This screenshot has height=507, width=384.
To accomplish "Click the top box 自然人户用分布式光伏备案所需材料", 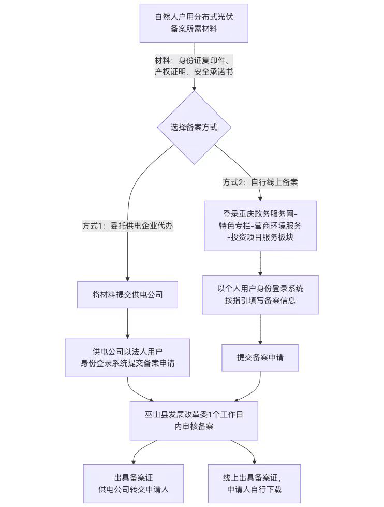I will coord(194,23).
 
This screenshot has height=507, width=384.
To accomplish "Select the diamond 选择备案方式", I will coord(194,127).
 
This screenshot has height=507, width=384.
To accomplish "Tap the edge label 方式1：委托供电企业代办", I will coord(127,226).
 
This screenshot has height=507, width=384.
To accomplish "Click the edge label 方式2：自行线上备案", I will coord(260,182).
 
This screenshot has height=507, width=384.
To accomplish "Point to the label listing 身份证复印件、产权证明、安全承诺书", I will coord(194,66).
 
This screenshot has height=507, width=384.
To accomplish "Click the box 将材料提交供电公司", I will coord(127,295).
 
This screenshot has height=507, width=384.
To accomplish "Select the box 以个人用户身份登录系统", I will coord(260,294).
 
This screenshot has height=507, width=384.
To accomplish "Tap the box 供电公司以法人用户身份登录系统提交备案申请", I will coord(127,358).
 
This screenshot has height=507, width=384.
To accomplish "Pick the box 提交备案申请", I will coord(260,358).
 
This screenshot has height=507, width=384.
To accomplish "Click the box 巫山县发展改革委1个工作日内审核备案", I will coord(194,420).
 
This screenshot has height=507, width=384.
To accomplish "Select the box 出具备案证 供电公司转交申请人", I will coord(134,484).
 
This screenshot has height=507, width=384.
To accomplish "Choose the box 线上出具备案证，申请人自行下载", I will coord(254,484).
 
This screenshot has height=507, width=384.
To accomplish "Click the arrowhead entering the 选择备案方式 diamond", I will coord(194,89).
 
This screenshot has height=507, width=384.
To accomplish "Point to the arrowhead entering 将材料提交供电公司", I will coord(127,278).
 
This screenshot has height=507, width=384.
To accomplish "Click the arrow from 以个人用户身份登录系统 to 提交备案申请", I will coord(260,329).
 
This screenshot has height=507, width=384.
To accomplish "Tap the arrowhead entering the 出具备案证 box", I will coord(134,461).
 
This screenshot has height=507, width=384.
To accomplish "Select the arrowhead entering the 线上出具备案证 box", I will coord(254,461).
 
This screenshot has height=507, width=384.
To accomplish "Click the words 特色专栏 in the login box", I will coord(234,226).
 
